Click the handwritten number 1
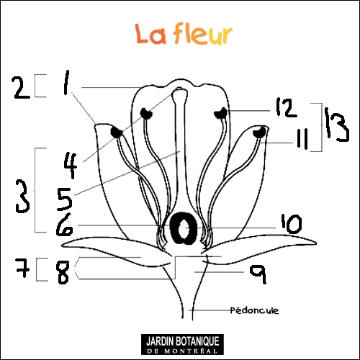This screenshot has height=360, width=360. (x=66, y=82)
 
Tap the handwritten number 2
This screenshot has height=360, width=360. (x=22, y=88)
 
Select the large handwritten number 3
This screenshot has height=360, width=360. (x=22, y=197)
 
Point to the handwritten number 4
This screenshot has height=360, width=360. (x=71, y=166)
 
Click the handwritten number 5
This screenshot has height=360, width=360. (x=64, y=199)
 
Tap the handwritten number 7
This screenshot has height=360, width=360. (x=22, y=267)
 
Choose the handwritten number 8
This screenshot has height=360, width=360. (x=63, y=272)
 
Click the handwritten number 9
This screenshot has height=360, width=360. (x=258, y=274)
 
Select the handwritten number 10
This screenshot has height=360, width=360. (x=292, y=224)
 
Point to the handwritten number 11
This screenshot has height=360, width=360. (x=302, y=139)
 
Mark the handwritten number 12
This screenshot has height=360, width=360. (x=286, y=107)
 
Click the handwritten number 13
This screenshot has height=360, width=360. (x=336, y=125)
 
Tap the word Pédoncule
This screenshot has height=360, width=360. (x=254, y=310)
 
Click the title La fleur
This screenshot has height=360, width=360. (x=184, y=34)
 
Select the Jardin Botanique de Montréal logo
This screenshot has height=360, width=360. (x=182, y=344)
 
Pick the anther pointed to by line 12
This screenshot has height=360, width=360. (x=221, y=113)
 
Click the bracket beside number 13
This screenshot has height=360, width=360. (x=322, y=127)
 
